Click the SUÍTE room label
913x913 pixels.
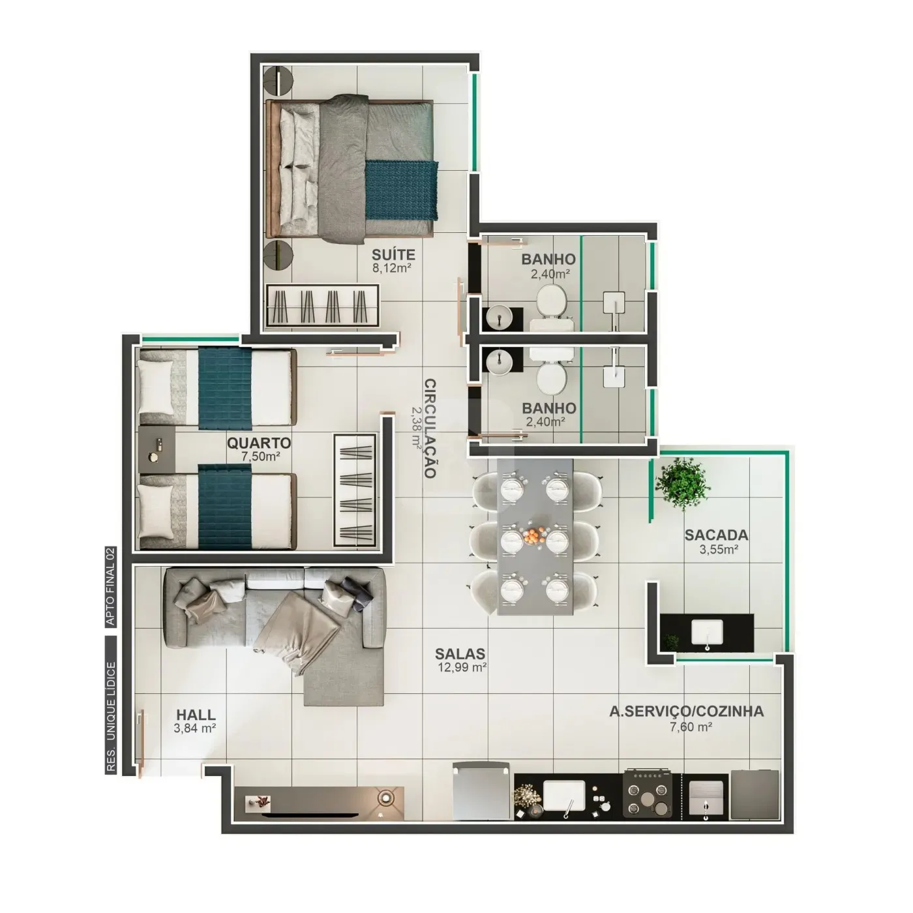[x=393, y=255]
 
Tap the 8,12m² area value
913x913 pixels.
[x=391, y=268]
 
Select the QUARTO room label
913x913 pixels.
[x=259, y=443]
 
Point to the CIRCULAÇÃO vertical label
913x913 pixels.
[x=430, y=428]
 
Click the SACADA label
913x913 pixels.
[x=716, y=535]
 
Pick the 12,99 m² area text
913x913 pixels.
[x=462, y=667]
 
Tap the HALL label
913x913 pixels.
[x=196, y=715]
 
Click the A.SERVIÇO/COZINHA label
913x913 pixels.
[x=687, y=711]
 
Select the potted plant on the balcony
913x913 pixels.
[x=682, y=483]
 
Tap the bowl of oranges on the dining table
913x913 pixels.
[x=535, y=537]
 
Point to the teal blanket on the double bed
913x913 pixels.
[x=401, y=190]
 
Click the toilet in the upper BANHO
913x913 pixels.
[x=552, y=307]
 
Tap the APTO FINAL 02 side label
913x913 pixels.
[x=111, y=587]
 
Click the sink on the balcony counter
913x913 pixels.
[x=707, y=633]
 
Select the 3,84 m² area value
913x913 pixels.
[x=195, y=728]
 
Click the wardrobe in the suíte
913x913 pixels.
[x=323, y=306]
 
